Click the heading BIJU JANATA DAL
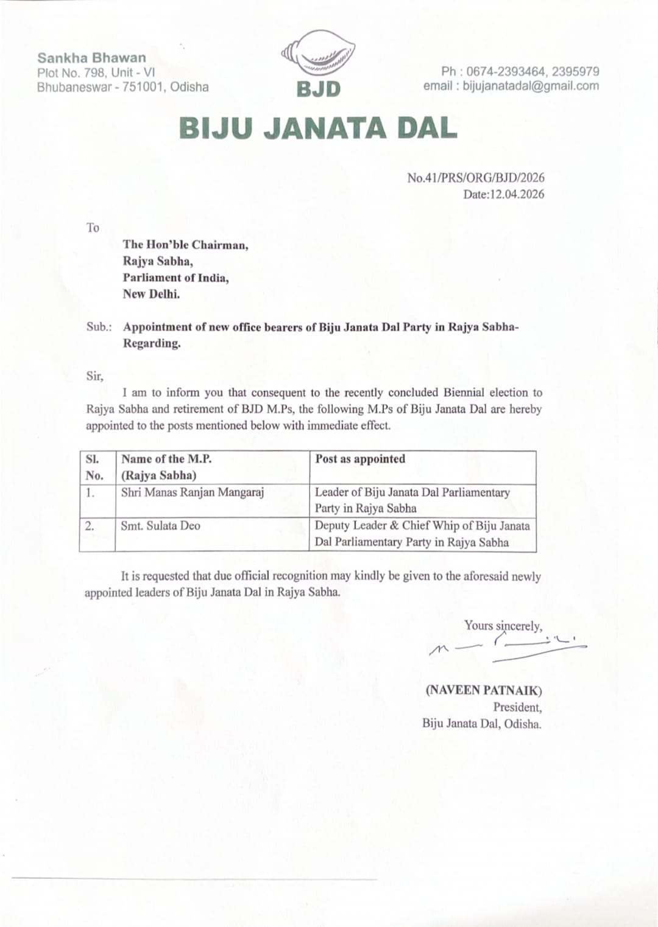[x=318, y=128]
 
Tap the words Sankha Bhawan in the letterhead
[x=92, y=58]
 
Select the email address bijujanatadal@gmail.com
[x=531, y=86]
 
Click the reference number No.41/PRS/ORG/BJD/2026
[x=476, y=178]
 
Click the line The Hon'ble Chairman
[x=185, y=245]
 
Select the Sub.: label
[x=99, y=327]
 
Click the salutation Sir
[x=94, y=376]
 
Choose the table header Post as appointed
[x=360, y=459]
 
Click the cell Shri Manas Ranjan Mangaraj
[x=192, y=492]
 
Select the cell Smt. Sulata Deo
[x=160, y=526]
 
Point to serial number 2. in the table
[x=90, y=526]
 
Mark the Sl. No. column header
[x=94, y=467]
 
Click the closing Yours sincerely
[x=503, y=626]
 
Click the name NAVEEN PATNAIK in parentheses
[x=484, y=690]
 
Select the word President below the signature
[x=517, y=707]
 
